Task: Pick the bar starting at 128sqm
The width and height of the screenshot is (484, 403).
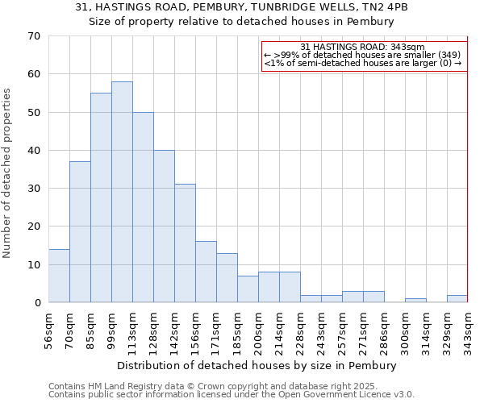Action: pos(164,226)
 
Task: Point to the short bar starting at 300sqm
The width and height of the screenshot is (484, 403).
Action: pos(415,301)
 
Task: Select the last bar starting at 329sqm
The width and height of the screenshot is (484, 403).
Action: pos(457,298)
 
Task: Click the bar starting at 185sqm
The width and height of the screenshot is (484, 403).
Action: pos(248,289)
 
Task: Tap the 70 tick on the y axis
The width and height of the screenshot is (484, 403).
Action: pos(34,36)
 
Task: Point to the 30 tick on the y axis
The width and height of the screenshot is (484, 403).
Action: pos(34,189)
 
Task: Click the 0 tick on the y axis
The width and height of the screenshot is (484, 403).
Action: pos(37,302)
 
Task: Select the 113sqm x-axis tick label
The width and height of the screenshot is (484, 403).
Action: pos(133,330)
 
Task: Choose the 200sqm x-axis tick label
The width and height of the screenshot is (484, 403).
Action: pos(259,330)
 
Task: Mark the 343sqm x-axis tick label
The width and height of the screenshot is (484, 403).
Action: pos(468,330)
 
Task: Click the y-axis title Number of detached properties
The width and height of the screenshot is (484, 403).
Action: pos(8,173)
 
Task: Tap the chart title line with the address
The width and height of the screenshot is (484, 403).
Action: pos(241,7)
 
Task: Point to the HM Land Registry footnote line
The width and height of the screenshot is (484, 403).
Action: pos(230,386)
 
